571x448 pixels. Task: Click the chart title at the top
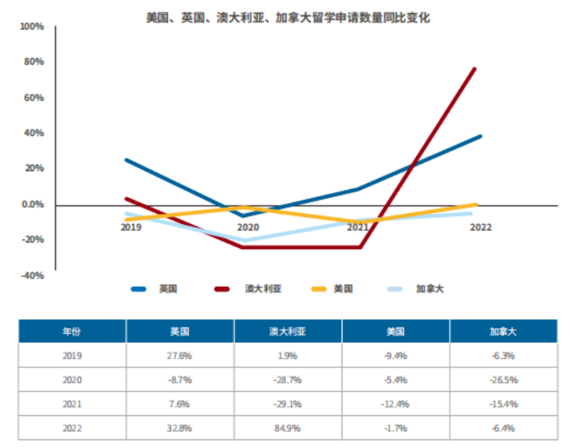point(288,17)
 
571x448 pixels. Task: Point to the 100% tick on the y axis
point(32,27)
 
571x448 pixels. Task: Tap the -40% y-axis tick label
point(32,275)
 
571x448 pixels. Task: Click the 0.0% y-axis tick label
point(32,205)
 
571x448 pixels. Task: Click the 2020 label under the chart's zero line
point(248,227)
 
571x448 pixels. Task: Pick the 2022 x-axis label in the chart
point(480,227)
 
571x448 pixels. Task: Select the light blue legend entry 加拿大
point(430,289)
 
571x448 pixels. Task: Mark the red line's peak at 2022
point(474,69)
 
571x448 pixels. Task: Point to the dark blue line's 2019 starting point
point(127,160)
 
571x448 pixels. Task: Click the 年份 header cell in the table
point(71,331)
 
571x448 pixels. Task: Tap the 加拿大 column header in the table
point(503,331)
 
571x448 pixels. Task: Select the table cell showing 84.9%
point(287,428)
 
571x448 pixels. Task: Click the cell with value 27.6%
point(180,355)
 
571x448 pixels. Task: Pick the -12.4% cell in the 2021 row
point(395,404)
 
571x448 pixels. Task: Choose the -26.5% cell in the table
point(503,380)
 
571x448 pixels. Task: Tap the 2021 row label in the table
point(71,404)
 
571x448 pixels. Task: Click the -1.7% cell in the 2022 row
point(395,428)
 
